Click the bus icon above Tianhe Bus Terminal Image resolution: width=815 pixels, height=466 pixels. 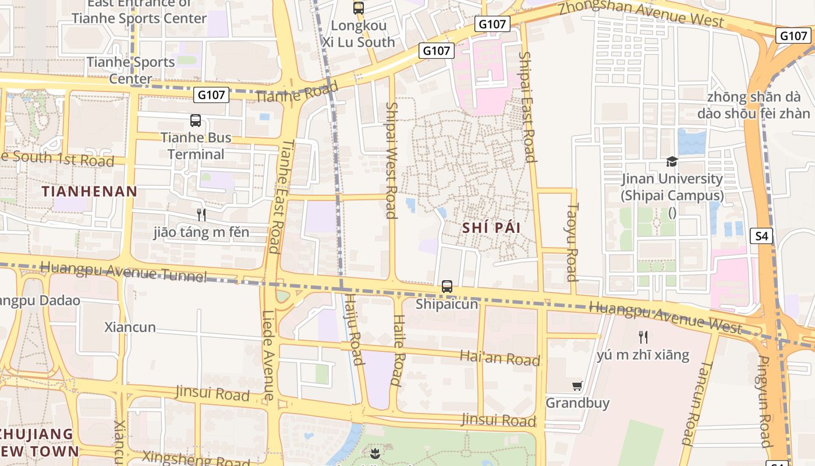(x=196, y=121)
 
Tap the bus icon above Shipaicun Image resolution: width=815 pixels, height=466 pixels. (x=447, y=287)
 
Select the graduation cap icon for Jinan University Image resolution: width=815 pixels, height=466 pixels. (x=672, y=161)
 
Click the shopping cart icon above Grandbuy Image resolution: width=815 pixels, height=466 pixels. (x=577, y=386)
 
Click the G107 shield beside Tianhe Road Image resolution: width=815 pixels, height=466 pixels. (x=212, y=94)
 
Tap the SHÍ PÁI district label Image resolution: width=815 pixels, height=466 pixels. (x=491, y=228)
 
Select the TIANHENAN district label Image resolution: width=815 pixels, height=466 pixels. (x=90, y=191)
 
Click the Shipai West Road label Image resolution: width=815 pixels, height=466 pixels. (x=391, y=160)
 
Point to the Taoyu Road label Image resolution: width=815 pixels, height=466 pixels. (x=572, y=241)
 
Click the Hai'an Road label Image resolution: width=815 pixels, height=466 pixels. (x=500, y=358)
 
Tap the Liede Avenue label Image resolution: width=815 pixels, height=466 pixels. (x=268, y=355)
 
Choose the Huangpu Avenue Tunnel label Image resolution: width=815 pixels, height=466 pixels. (x=124, y=271)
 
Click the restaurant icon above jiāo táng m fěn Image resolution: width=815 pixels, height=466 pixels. (x=201, y=215)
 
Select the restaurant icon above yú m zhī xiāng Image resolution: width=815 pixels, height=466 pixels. (x=643, y=337)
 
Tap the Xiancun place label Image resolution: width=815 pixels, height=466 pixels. (x=130, y=327)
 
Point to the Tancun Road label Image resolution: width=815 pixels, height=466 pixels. (x=697, y=403)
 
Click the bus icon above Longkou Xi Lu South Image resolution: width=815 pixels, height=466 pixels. (x=359, y=8)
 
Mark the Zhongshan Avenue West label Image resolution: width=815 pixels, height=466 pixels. (x=641, y=14)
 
